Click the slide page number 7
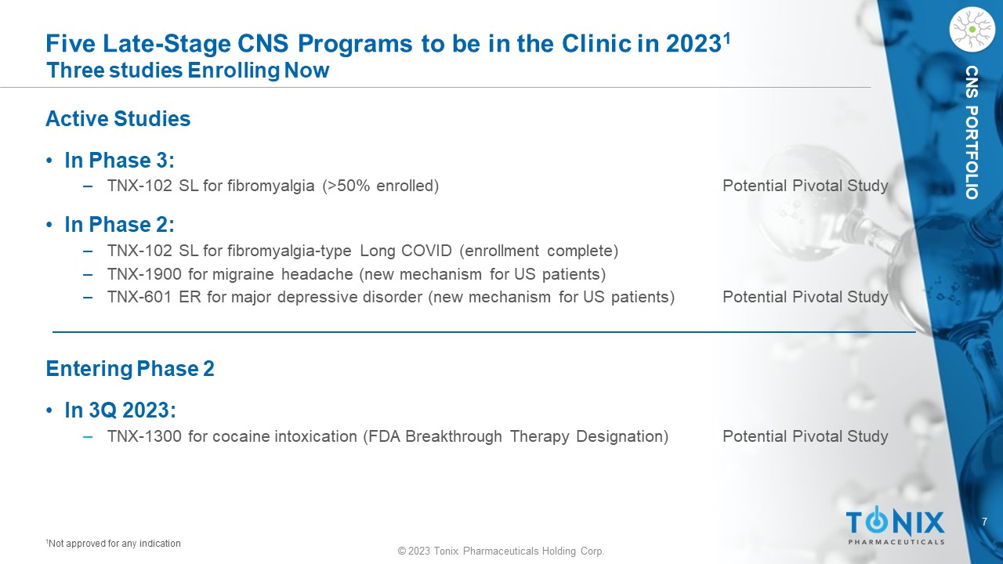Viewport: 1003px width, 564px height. click(984, 522)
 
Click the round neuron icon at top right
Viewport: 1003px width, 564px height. click(972, 30)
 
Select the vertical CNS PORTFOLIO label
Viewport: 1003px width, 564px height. click(972, 132)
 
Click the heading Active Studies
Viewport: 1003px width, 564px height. click(118, 118)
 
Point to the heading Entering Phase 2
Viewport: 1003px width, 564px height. click(130, 368)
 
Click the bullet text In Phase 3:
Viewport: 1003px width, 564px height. click(120, 161)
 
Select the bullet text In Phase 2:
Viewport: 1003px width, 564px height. click(120, 224)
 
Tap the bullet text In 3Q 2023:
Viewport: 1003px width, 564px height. click(121, 410)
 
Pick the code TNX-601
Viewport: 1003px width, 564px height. click(139, 297)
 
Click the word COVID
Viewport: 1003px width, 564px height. click(426, 251)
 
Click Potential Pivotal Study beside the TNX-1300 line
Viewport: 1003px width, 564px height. click(805, 436)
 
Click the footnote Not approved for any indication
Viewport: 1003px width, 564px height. click(114, 544)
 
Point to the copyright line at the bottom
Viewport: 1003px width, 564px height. click(501, 551)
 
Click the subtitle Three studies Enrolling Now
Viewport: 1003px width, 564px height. click(187, 70)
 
